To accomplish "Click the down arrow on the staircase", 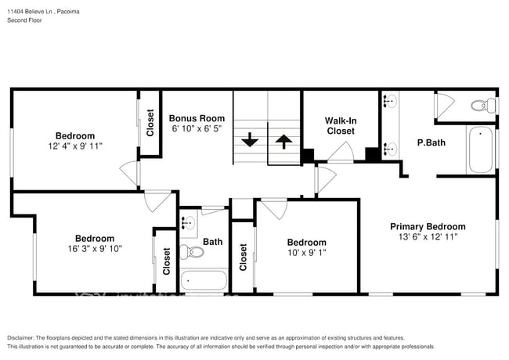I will pos(249,141).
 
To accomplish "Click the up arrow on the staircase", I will pos(283,141).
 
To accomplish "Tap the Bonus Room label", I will pos(191,118).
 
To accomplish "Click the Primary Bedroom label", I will pos(428,226).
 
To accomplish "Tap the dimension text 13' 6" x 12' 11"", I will pos(428,236).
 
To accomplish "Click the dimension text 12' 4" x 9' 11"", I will pos(75,146).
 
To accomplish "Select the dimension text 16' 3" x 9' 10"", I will pos(94,249).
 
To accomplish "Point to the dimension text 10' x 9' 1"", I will pos(306,253).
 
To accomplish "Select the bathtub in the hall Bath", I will pos(204,280).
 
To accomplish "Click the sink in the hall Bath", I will pos(189,223).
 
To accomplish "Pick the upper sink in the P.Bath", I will pos(390,102).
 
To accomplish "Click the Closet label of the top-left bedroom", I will pos(150,122).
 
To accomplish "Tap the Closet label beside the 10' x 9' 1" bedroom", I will pos(243,257).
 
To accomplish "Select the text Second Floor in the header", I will pos(25,20).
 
